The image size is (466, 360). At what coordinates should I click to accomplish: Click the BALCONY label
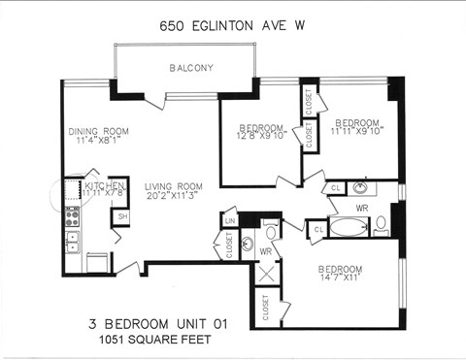click(x=191, y=68)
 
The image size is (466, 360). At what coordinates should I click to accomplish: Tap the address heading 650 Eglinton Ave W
click(x=234, y=27)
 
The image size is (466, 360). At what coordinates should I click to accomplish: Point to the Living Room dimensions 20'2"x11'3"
click(x=174, y=196)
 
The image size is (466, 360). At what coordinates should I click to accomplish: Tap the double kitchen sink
click(x=72, y=239)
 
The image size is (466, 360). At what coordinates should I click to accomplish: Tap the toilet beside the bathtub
click(x=381, y=227)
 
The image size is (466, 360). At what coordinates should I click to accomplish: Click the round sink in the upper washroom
click(x=361, y=187)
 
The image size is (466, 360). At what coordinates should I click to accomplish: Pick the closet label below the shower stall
click(x=266, y=310)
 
